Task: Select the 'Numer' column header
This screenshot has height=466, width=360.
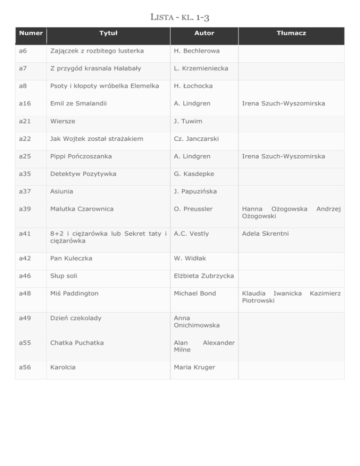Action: click(30, 33)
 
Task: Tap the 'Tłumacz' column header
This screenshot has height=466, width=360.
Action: click(291, 33)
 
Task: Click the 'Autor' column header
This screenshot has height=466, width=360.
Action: click(204, 33)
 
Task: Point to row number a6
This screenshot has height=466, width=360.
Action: click(22, 51)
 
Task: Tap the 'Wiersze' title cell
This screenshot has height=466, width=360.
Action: click(63, 121)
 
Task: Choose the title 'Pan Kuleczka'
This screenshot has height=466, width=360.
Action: click(72, 258)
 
